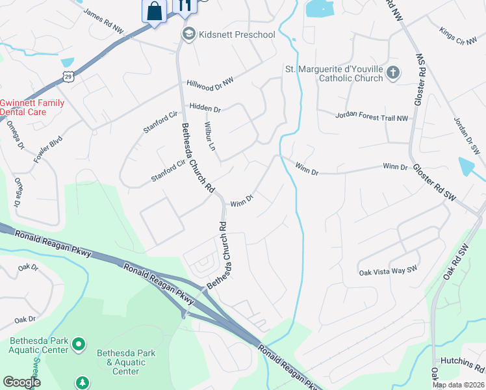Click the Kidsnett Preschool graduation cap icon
point(189,34)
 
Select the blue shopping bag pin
point(154,12)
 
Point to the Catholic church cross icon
point(393,73)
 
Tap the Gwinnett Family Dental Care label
point(32,107)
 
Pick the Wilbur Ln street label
point(209,136)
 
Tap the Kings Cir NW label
point(458,36)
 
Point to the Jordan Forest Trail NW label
point(372,116)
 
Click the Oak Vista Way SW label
point(389,272)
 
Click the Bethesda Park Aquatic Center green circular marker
point(79,343)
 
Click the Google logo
point(22,382)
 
